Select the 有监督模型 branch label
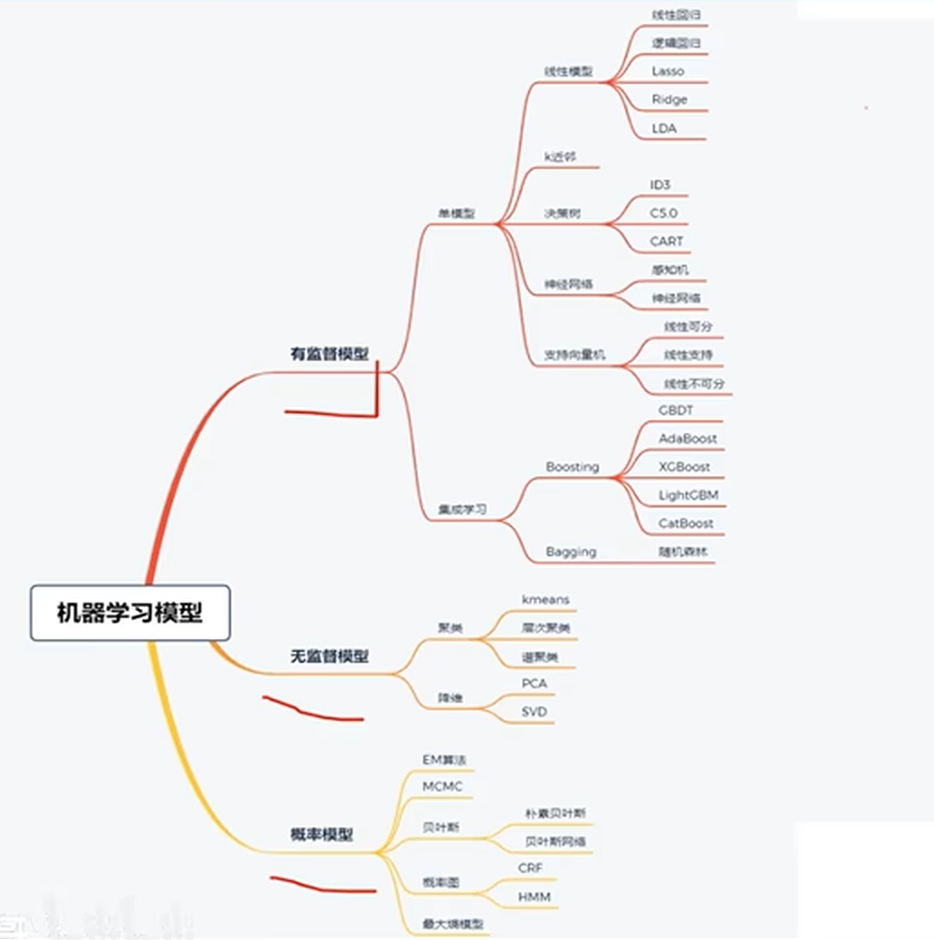click(329, 354)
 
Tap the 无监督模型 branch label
click(329, 657)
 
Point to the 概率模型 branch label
click(322, 835)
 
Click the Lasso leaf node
click(668, 71)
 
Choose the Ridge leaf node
click(670, 99)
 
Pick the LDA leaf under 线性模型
click(664, 128)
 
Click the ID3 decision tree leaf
click(661, 185)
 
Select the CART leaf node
click(667, 241)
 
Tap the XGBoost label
click(684, 467)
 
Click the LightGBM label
click(689, 495)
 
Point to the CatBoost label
click(686, 523)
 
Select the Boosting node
click(572, 467)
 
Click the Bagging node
click(571, 552)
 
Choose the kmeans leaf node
click(546, 599)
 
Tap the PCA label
click(534, 684)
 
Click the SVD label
click(534, 713)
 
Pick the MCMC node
click(443, 787)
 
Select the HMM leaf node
click(534, 897)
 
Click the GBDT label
click(677, 410)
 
